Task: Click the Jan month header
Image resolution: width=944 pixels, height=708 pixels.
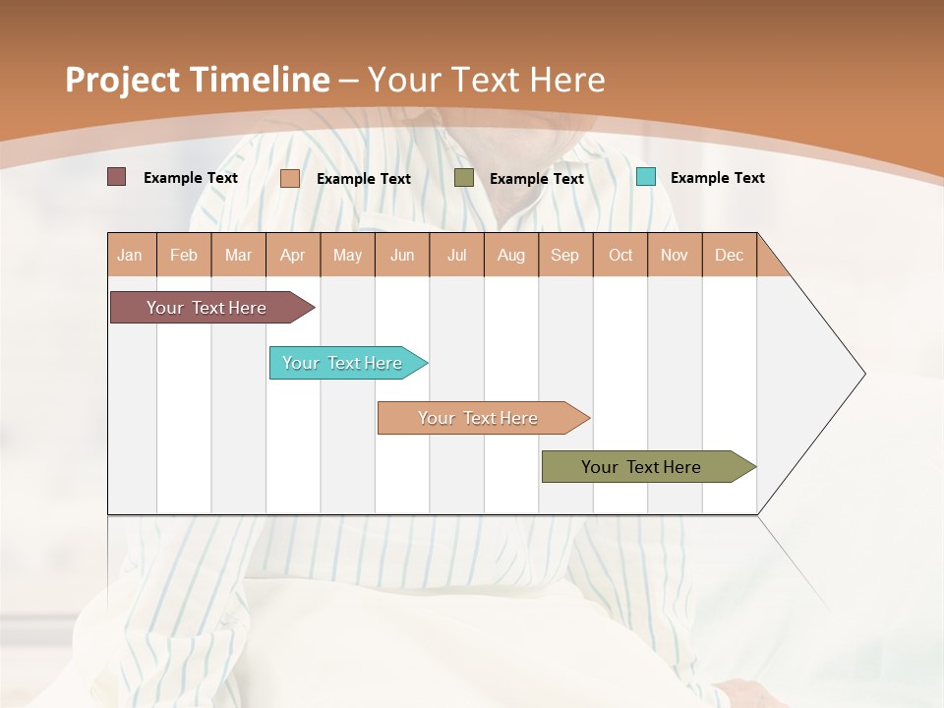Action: point(131,255)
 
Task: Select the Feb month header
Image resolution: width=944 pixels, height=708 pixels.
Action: point(184,255)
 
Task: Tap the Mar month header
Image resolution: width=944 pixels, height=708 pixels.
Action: point(238,255)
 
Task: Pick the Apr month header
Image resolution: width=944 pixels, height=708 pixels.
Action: point(293,255)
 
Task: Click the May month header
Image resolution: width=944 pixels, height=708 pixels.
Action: point(347,255)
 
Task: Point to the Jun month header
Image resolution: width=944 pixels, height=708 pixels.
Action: point(402,255)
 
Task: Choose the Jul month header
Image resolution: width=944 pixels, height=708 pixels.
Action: point(456,255)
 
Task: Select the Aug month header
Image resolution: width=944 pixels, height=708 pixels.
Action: point(511,255)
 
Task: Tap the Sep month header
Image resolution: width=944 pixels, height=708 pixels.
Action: point(565,255)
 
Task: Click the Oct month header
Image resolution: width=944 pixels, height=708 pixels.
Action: point(620,255)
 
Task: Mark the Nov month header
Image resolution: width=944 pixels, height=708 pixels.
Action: point(675,255)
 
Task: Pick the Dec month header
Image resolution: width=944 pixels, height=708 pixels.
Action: point(729,255)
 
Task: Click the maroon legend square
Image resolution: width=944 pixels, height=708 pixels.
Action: point(117,177)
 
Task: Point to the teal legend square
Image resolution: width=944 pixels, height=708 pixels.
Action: point(646,177)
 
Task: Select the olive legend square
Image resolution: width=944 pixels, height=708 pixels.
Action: point(464,178)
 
